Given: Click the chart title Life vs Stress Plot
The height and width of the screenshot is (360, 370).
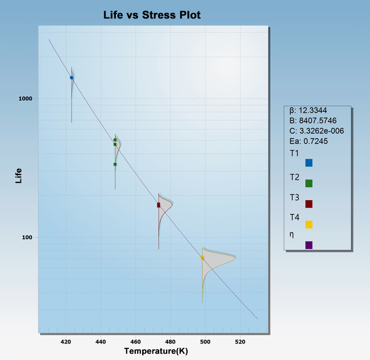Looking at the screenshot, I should (152, 15).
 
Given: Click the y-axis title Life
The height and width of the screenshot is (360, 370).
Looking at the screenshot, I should (19, 175).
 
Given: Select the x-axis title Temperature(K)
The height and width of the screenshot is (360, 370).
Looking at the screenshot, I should (156, 351).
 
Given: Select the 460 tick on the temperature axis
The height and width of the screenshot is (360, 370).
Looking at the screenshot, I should (136, 342).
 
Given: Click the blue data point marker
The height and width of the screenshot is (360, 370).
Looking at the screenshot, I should (72, 78).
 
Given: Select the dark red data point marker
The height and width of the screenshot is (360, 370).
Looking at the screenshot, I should (159, 205).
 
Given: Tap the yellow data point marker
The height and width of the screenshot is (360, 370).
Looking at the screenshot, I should (203, 257).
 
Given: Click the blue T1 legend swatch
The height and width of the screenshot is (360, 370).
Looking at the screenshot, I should (309, 162).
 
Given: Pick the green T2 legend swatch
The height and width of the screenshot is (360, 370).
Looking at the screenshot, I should (309, 183).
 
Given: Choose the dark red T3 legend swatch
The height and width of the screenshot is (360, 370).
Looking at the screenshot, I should (309, 204).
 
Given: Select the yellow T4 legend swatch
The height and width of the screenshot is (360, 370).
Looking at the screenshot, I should (309, 224).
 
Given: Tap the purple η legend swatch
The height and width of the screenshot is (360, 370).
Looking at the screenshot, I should (309, 245).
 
